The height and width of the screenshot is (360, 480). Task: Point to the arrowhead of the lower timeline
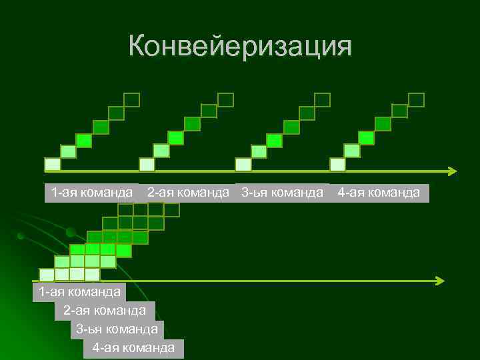(439, 281)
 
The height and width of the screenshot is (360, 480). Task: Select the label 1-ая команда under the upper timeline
(91, 193)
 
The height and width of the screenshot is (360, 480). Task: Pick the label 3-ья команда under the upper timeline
(283, 193)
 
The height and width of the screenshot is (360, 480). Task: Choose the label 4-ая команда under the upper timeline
(379, 193)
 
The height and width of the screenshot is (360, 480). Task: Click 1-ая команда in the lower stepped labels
(79, 291)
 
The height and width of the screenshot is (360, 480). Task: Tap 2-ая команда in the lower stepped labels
(105, 310)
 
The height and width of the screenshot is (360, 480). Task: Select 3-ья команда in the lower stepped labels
(117, 329)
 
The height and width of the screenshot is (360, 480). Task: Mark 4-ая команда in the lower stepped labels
(133, 347)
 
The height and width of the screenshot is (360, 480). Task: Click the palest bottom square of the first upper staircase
(52, 164)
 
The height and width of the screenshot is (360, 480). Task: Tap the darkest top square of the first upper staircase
(132, 100)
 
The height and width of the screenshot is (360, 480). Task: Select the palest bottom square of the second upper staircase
(147, 164)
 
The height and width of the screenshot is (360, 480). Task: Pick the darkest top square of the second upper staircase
(226, 100)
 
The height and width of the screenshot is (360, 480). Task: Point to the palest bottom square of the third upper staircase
(243, 164)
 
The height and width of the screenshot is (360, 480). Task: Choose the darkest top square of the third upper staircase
(322, 100)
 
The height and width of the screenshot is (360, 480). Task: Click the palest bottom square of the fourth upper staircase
(338, 164)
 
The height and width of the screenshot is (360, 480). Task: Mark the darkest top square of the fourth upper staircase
(417, 100)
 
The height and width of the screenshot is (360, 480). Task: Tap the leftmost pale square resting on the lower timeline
(47, 274)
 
